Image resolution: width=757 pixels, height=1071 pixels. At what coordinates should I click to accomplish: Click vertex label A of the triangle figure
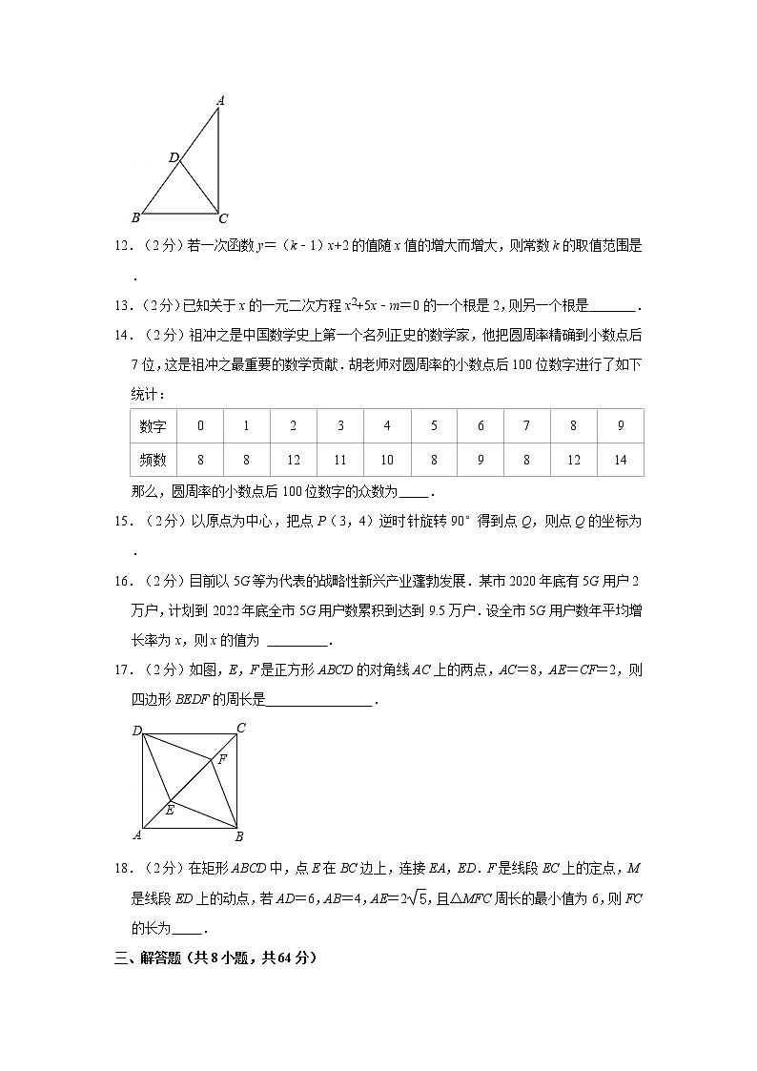220,100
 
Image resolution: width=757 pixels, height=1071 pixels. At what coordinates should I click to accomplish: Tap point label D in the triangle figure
174,157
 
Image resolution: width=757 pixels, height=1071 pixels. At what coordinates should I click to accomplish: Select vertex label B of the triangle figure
135,216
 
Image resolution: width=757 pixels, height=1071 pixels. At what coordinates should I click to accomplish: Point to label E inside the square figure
170,810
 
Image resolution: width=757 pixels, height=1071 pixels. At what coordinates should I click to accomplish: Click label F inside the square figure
222,760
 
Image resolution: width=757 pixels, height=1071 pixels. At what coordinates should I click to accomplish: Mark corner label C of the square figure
241,729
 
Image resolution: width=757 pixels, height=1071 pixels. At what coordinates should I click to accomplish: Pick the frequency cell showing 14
621,460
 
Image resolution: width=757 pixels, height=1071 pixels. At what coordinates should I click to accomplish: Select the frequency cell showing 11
340,460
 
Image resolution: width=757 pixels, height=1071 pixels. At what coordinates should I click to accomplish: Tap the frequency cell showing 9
481,460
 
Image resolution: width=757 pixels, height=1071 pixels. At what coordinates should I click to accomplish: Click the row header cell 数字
153,426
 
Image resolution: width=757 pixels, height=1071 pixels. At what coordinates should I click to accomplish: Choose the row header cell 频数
153,460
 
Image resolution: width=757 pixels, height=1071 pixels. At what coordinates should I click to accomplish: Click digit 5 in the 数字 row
434,426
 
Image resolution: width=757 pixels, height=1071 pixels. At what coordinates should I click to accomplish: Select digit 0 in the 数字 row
200,426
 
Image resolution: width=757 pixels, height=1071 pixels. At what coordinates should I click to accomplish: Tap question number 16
122,579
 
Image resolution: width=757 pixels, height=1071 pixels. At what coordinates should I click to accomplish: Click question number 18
122,869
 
